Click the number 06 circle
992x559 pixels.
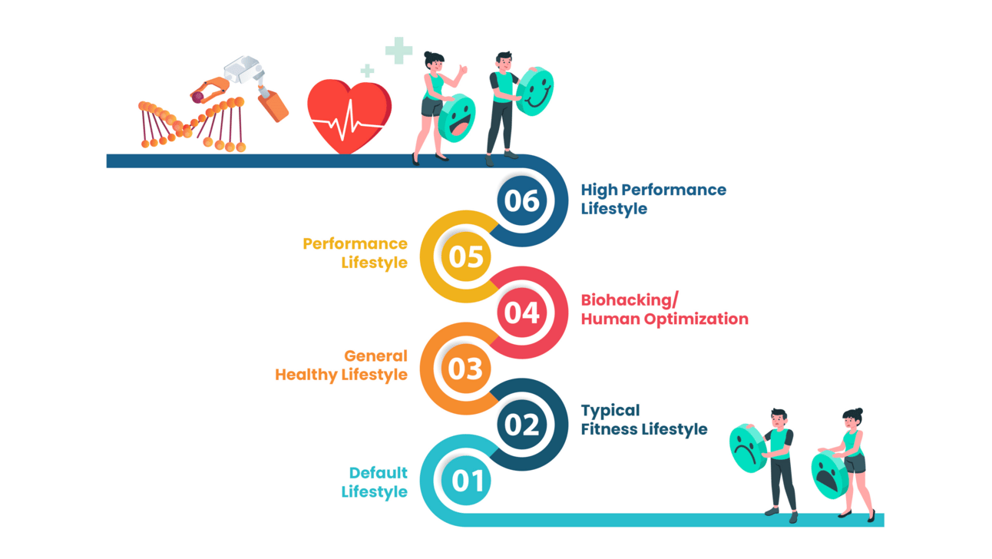(x=522, y=200)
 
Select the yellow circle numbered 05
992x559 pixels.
(x=465, y=256)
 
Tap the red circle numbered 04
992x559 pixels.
(x=522, y=313)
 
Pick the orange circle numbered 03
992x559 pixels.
(x=465, y=369)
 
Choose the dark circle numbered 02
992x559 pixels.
(x=522, y=425)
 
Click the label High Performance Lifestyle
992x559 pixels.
(x=653, y=199)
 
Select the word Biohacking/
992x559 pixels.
(x=629, y=299)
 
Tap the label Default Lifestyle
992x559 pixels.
(x=375, y=482)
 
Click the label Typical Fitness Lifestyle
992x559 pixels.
(x=643, y=419)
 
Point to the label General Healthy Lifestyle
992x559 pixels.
(x=342, y=365)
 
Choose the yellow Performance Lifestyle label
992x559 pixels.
(x=355, y=253)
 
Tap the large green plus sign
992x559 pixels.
(x=398, y=51)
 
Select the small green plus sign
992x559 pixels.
(x=367, y=71)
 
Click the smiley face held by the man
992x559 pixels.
(x=535, y=91)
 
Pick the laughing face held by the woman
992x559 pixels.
(x=458, y=117)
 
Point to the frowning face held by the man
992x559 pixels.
(x=746, y=447)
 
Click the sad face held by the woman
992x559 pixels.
(x=829, y=475)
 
